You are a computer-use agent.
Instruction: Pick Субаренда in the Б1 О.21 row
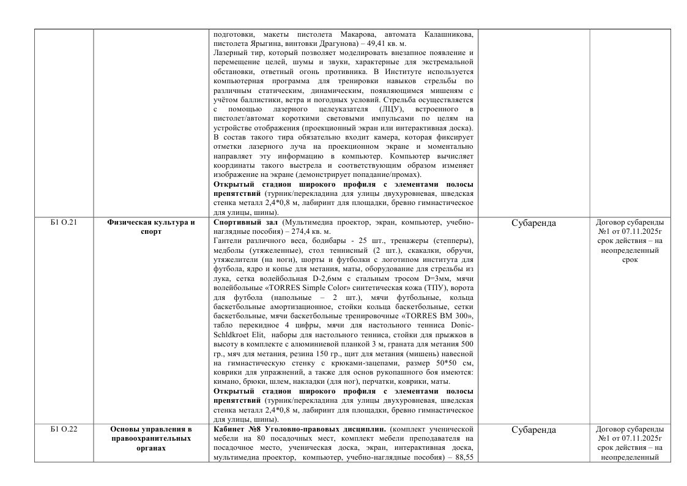click(x=533, y=223)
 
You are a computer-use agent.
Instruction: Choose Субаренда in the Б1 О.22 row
click(x=533, y=430)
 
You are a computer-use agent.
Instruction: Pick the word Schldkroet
click(x=236, y=335)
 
